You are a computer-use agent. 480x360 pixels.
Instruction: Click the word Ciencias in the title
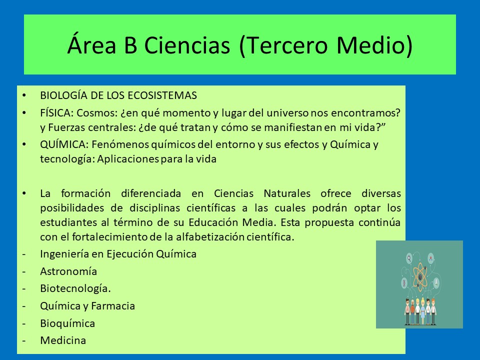tap(187, 45)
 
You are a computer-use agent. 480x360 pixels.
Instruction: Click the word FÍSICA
tap(56, 113)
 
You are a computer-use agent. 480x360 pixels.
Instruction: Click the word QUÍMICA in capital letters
tap(64, 144)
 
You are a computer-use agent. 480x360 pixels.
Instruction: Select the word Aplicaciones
tap(128, 159)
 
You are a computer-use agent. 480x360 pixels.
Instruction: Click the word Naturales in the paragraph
tap(287, 193)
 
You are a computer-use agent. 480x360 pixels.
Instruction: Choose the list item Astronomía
tap(68, 271)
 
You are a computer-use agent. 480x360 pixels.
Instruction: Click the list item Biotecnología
tap(75, 288)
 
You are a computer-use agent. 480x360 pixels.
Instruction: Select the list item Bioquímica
tap(67, 323)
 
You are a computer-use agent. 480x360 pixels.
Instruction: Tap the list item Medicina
tap(63, 340)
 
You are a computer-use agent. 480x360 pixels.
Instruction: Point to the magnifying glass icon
tap(409, 258)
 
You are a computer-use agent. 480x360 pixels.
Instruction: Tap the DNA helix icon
tap(404, 283)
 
